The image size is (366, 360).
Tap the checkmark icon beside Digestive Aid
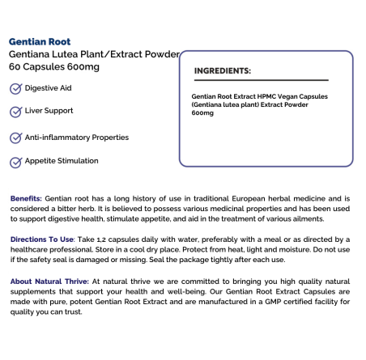(15, 87)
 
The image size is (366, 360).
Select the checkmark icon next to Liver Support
(15, 111)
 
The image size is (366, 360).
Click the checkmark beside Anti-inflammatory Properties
(15, 138)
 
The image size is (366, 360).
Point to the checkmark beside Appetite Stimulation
(15, 162)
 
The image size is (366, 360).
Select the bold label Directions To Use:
(40, 239)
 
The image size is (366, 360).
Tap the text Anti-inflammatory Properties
(77, 138)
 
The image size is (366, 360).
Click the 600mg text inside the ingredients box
(202, 113)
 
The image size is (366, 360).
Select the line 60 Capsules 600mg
(54, 66)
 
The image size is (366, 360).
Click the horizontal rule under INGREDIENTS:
(261, 80)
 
